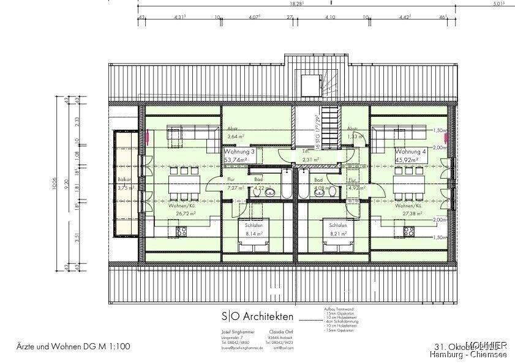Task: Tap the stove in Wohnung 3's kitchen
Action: (181, 231)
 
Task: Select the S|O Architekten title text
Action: (257, 316)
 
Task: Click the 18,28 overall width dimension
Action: (297, 4)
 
